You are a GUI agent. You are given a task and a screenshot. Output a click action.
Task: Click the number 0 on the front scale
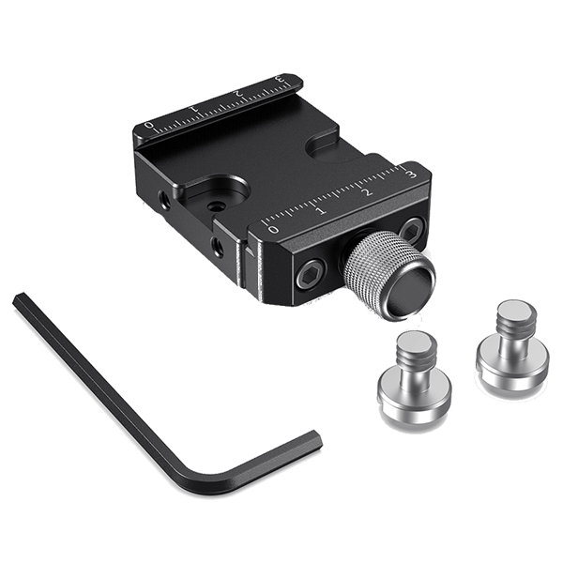pos(273,227)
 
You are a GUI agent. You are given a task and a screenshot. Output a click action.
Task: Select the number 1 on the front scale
pos(319,209)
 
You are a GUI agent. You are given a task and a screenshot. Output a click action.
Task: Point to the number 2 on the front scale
pos(366,191)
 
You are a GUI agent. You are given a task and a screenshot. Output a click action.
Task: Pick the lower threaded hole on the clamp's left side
pos(218,247)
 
